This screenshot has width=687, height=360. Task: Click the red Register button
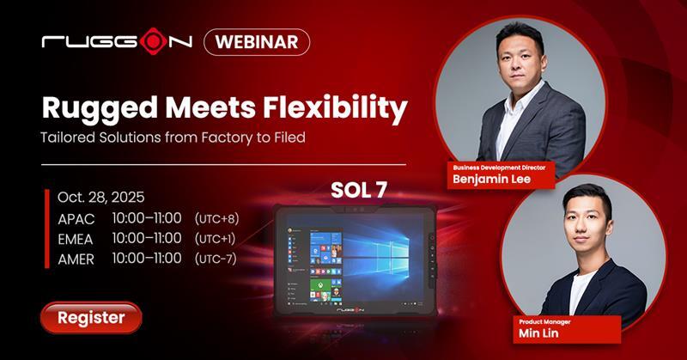tap(91, 317)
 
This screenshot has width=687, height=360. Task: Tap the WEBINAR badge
tap(257, 42)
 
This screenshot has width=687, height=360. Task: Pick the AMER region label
tap(76, 259)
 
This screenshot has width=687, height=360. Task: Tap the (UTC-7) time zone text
tap(215, 259)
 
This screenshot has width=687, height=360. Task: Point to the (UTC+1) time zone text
tap(215, 239)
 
